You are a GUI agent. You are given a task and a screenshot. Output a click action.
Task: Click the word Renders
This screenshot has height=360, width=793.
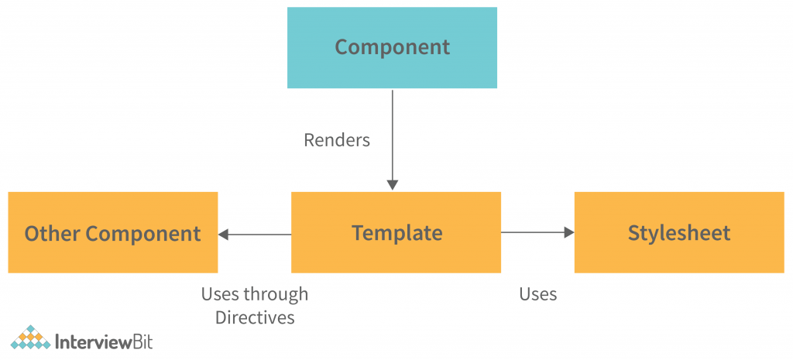337,140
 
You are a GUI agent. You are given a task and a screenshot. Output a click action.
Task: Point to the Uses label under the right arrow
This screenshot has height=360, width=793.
537,294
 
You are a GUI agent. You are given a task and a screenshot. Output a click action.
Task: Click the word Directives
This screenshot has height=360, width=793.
255,317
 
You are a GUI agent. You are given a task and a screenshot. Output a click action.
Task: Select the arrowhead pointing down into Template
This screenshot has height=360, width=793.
393,185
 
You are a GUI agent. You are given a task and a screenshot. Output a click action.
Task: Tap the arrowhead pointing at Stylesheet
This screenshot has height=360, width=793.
568,232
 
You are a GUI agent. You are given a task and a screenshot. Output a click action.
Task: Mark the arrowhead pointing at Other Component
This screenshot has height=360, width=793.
224,234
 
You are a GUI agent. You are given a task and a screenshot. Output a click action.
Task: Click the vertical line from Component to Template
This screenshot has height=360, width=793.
393,132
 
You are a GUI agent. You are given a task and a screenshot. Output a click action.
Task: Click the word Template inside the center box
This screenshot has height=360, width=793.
396,233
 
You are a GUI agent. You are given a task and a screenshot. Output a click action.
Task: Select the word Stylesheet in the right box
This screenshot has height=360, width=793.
679,233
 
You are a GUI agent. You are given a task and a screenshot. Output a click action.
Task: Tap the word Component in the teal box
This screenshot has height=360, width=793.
392,46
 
